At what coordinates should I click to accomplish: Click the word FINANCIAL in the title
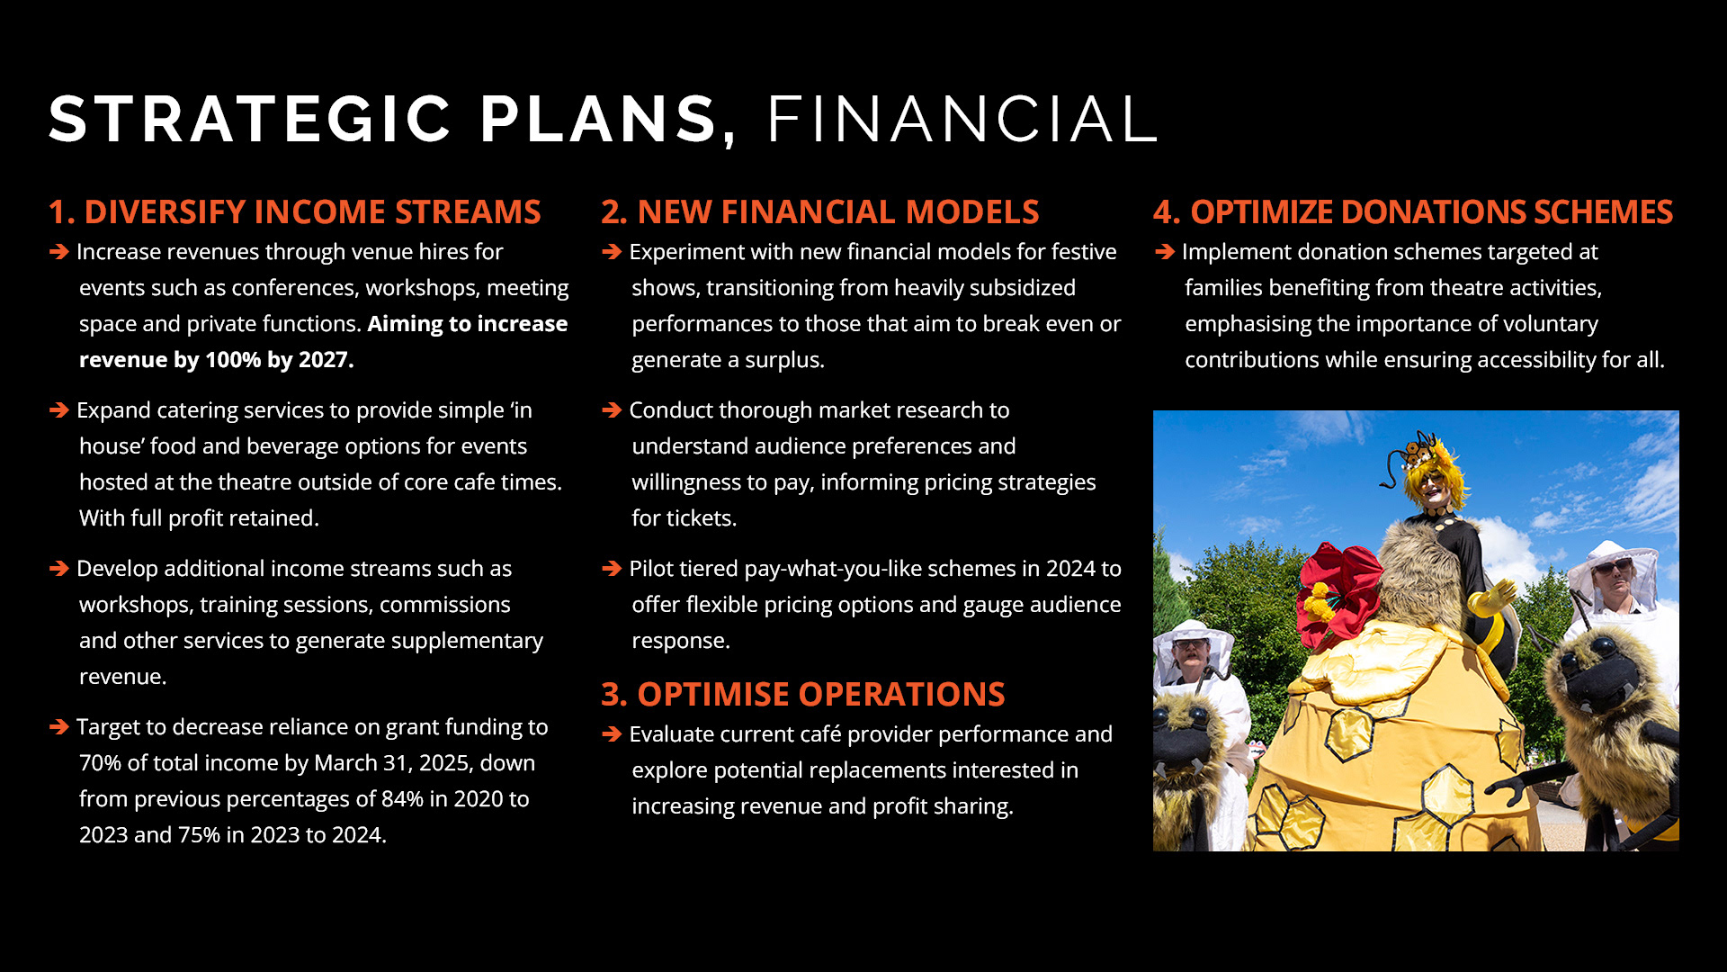pos(962,119)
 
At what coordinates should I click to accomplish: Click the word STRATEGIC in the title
pos(250,119)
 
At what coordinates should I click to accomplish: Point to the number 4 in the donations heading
pos(1165,211)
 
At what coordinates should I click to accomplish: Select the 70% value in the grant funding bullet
pos(100,762)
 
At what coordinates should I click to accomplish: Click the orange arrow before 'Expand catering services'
pos(59,410)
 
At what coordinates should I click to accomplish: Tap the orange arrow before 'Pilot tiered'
pos(612,569)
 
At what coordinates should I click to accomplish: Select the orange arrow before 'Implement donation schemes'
pos(1165,252)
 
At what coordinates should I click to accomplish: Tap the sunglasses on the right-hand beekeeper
pos(1612,567)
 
